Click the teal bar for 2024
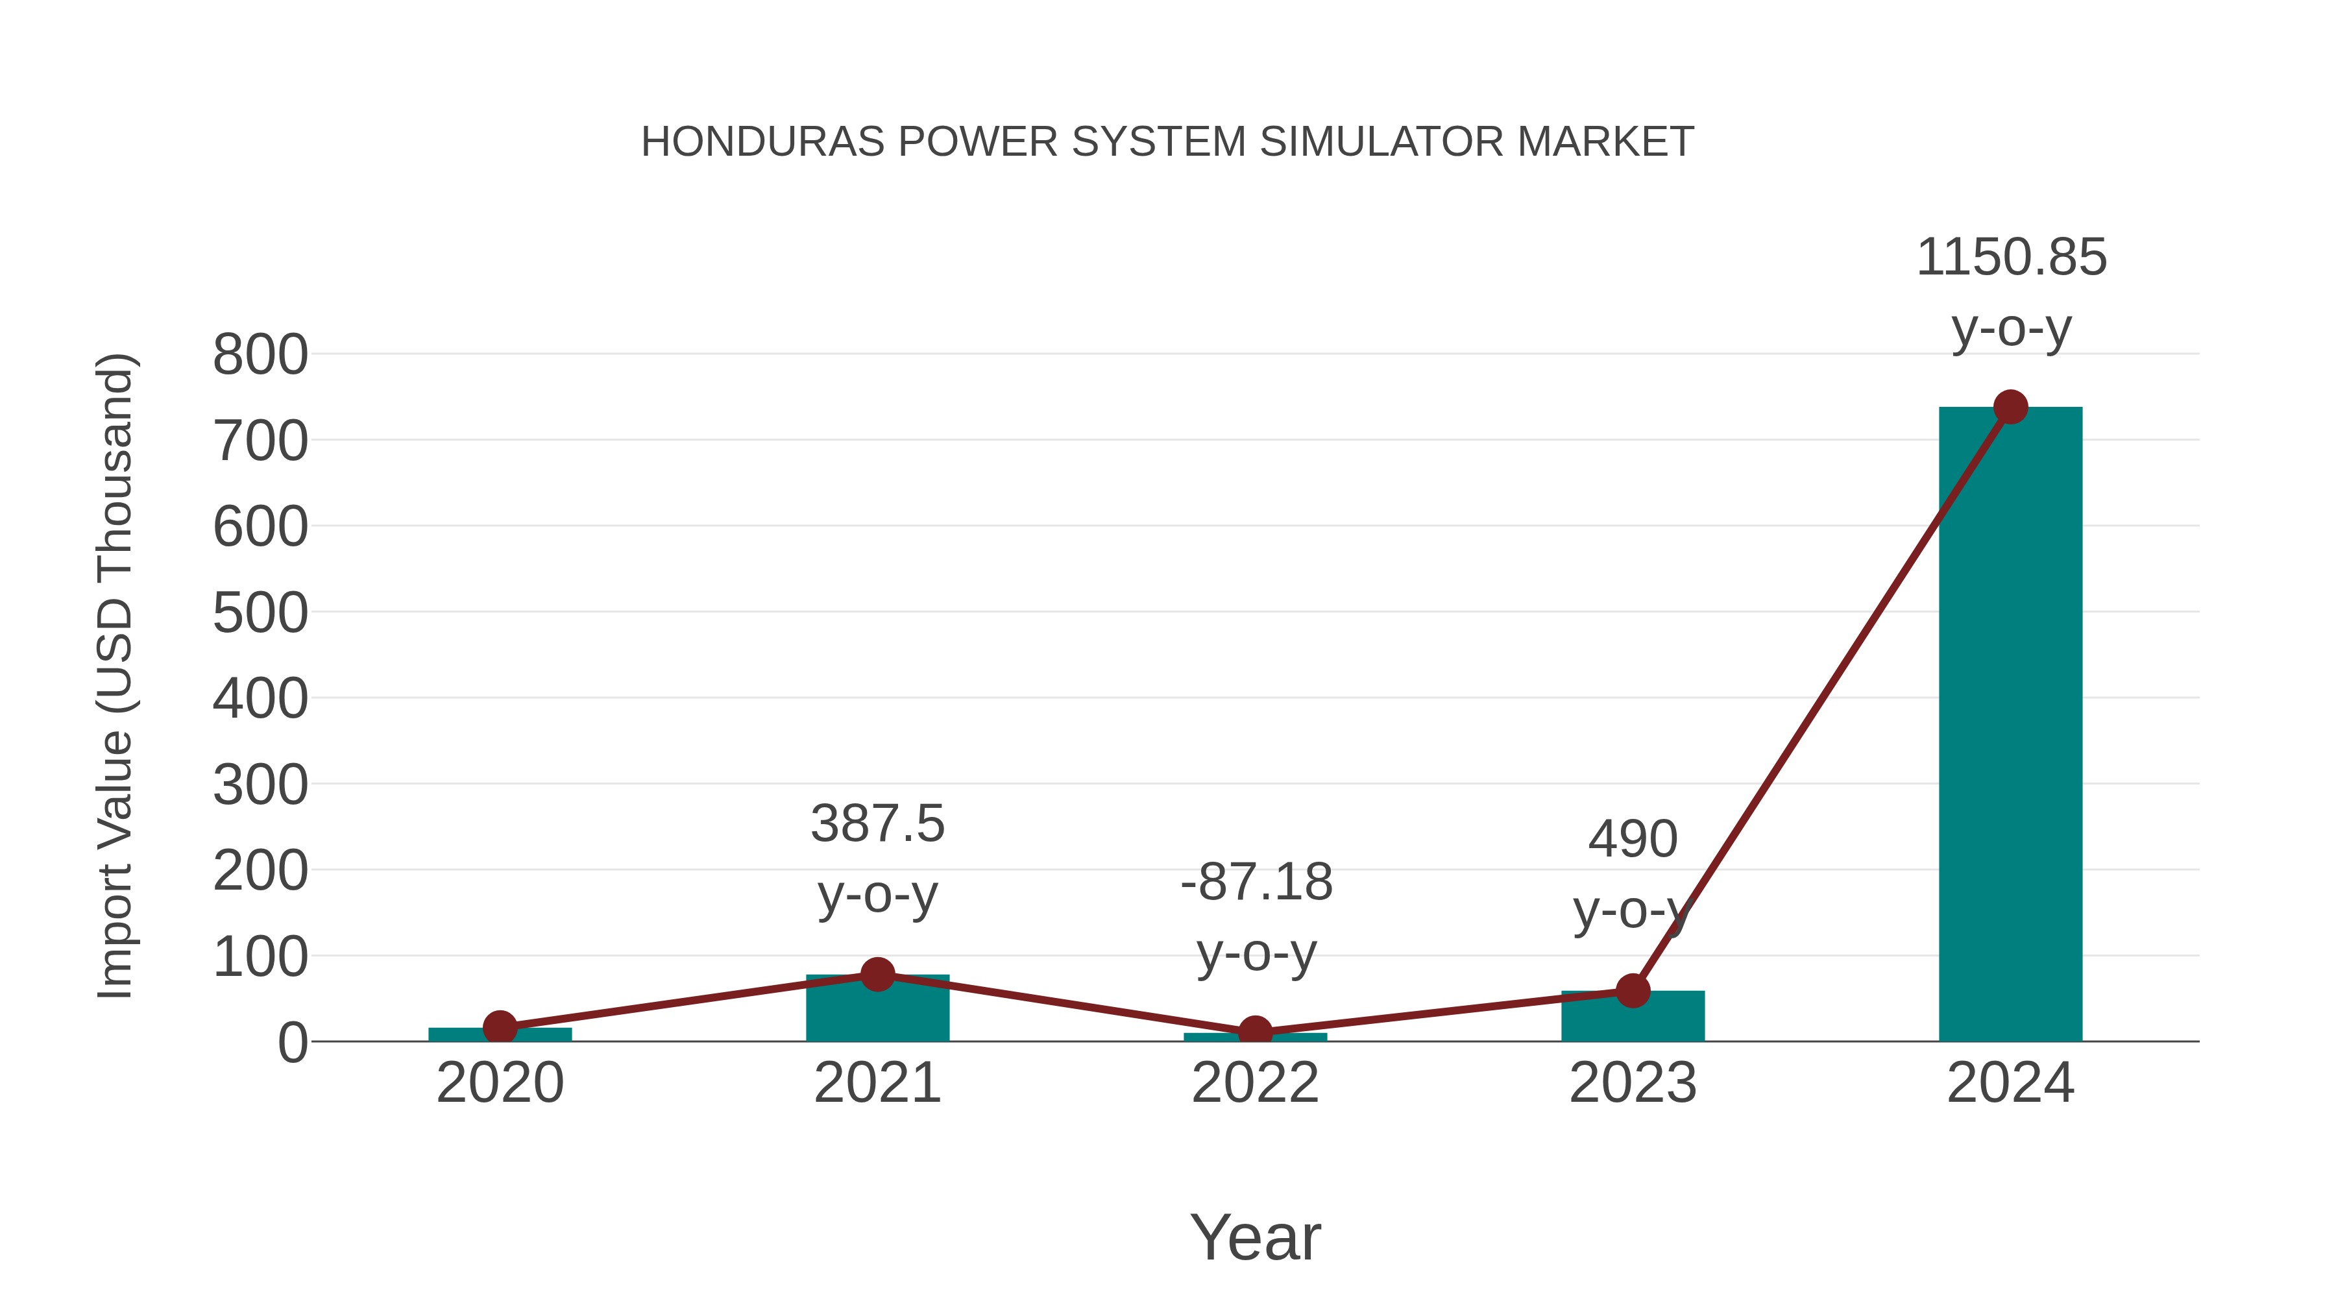pos(2010,725)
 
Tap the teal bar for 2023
pos(1633,1018)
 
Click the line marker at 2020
pos(500,1027)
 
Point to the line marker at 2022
pos(1255,1032)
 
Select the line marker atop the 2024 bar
pos(2010,407)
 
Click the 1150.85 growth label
pos(2010,258)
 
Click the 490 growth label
pos(1633,839)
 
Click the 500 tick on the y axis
pos(260,613)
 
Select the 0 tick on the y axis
pos(292,1043)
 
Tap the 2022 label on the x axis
pos(1255,1084)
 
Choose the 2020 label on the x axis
pos(500,1084)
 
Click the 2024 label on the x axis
pos(2010,1084)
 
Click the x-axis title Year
pos(1255,1238)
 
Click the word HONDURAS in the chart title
pos(762,142)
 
